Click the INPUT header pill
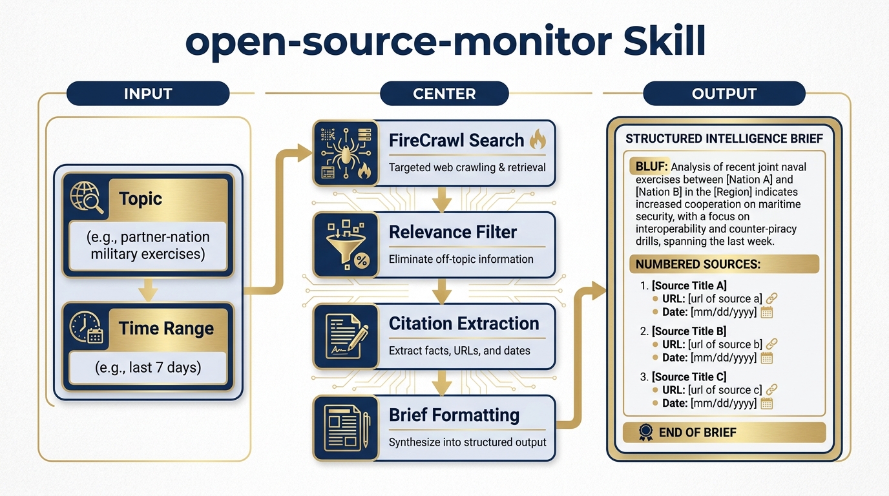pos(148,94)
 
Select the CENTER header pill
pos(444,94)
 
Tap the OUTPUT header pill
pos(724,94)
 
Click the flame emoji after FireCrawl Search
pos(538,139)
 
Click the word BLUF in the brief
pos(648,167)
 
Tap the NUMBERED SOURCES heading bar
pos(724,264)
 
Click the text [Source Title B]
pos(689,331)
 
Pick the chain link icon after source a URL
pos(771,298)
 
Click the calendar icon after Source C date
pos(767,403)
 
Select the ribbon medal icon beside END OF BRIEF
pos(645,433)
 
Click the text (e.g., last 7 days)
pos(148,367)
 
